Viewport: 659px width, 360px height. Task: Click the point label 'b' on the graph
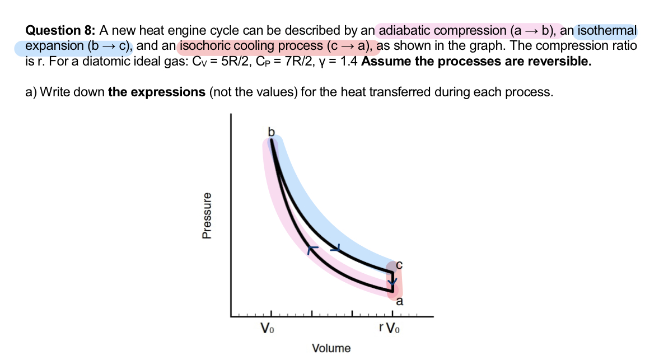coord(272,132)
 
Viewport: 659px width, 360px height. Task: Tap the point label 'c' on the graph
coord(399,263)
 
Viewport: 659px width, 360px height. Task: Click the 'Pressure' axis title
coord(207,216)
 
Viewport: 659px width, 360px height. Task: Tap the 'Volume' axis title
coord(331,348)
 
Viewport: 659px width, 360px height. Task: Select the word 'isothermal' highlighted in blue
coord(607,31)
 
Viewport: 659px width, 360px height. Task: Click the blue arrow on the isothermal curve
coord(336,247)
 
